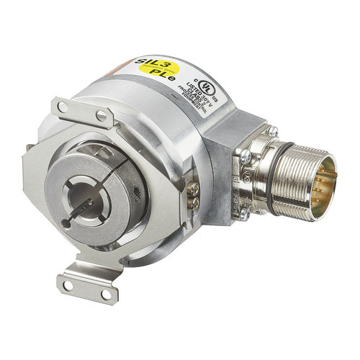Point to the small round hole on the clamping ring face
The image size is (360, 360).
(66, 224)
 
